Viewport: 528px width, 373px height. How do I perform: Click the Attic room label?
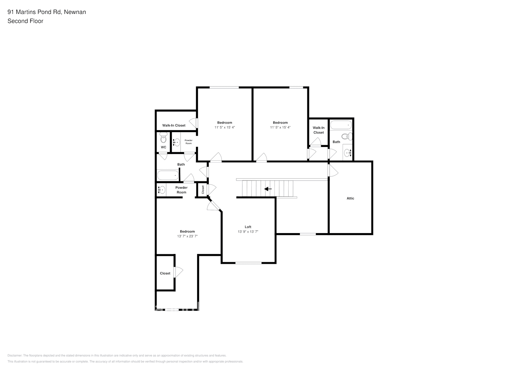coord(350,198)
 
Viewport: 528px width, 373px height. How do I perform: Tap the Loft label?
coord(248,227)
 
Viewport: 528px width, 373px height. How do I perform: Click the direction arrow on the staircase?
coord(268,189)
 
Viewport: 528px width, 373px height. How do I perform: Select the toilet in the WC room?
coord(163,138)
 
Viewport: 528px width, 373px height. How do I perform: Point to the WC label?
coord(163,147)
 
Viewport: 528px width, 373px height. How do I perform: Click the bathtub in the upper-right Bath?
coord(341,125)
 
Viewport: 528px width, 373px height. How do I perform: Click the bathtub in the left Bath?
coord(168,175)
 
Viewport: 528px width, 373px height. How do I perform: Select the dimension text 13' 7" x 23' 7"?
coord(187,236)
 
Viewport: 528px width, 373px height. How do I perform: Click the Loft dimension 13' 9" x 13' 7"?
coord(248,232)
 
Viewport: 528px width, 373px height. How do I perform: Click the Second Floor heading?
coord(25,21)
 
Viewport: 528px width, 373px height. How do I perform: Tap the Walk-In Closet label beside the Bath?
coord(319,130)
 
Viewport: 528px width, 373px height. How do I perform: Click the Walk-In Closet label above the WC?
coord(174,125)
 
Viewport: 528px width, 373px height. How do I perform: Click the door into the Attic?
coord(332,171)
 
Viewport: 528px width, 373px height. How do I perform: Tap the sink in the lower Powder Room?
coord(162,190)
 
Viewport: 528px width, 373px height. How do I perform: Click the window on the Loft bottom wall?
coord(248,263)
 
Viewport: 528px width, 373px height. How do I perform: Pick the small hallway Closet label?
coord(203,189)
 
